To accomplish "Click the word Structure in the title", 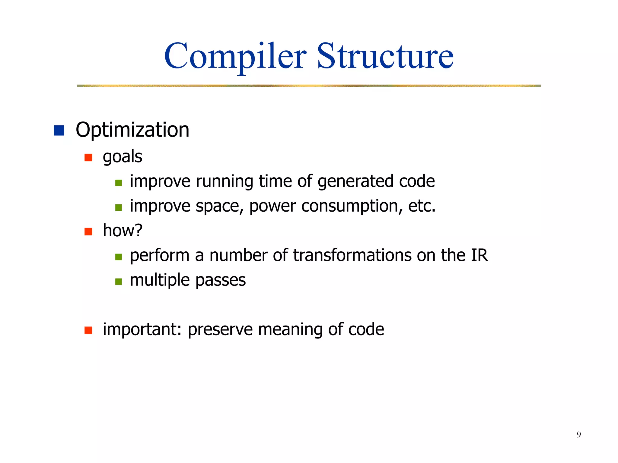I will coord(385,56).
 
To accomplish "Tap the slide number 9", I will coord(578,434).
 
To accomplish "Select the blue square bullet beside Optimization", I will coord(59,131).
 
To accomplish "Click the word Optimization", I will coord(132,130).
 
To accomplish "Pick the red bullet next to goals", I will coord(88,157).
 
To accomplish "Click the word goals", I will coord(122,157).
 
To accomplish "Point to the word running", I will coord(225,181).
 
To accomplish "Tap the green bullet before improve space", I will coord(119,207).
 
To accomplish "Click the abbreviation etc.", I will coord(422,206).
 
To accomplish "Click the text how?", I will coord(122,231).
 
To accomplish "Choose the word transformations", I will coord(352,255).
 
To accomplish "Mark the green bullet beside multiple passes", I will coord(119,282).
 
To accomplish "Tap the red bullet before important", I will coord(88,330).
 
